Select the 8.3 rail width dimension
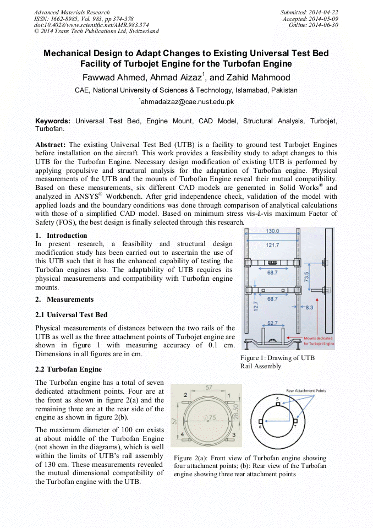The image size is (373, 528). [x=309, y=307]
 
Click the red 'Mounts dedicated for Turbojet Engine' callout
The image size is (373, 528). [x=319, y=341]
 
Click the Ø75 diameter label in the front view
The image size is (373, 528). [x=209, y=418]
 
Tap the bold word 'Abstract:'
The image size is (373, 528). [x=51, y=144]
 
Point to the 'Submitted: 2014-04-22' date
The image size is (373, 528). [x=309, y=12]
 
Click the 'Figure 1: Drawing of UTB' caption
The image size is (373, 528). [x=277, y=358]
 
